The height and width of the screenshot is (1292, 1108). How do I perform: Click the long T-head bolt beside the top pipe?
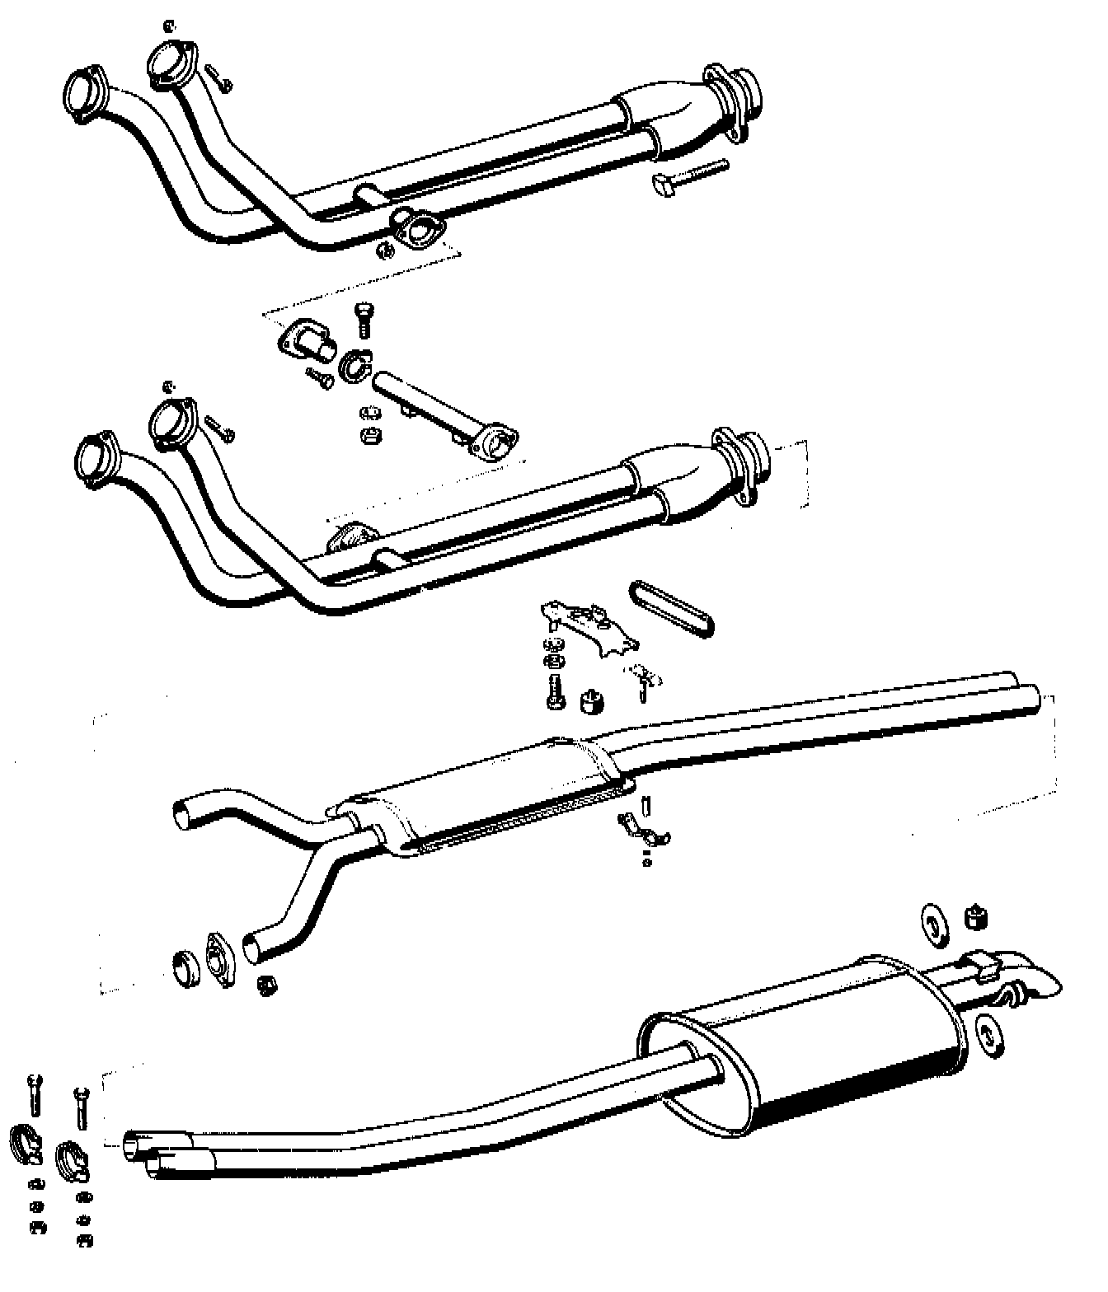[691, 177]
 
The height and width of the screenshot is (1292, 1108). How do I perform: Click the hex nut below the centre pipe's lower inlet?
[268, 985]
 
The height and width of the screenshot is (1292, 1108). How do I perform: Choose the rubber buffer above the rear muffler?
[976, 917]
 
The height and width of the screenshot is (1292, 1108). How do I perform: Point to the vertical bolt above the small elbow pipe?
[365, 319]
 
